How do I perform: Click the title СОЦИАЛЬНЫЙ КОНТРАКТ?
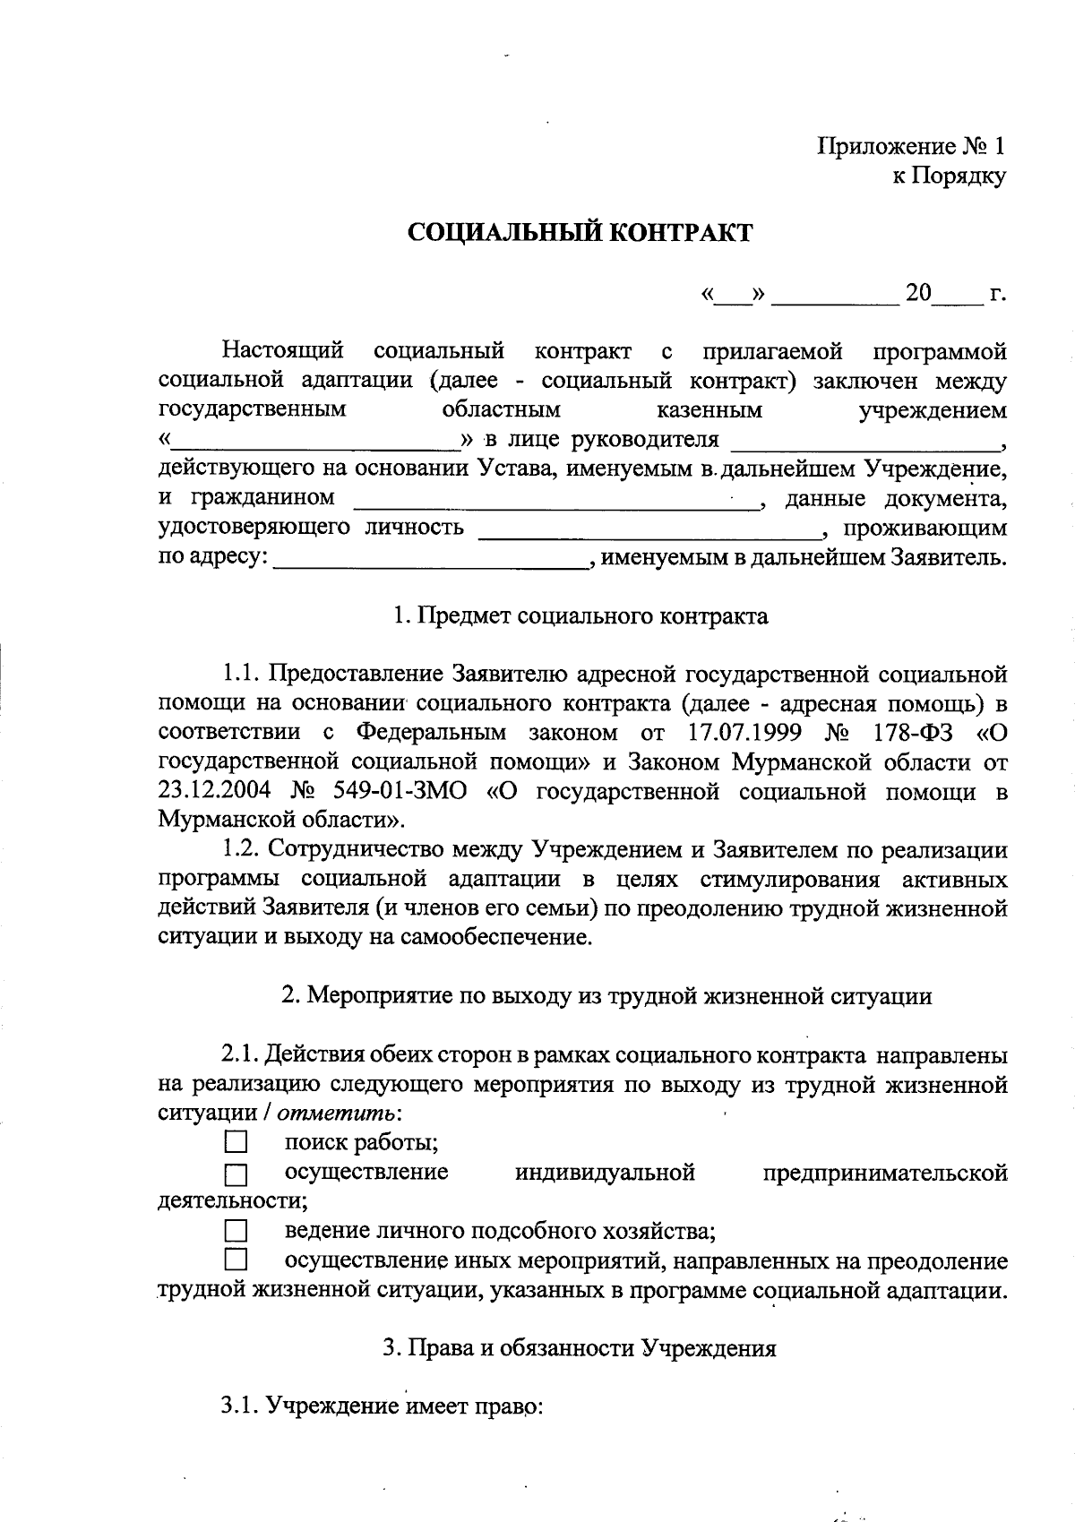tap(580, 233)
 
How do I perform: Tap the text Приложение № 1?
tap(912, 147)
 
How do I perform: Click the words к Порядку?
tap(948, 176)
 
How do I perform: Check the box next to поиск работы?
tap(235, 1142)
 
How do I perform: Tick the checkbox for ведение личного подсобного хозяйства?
tap(235, 1229)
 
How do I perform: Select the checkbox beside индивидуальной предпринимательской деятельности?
tap(235, 1174)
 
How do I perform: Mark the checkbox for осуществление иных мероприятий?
tap(235, 1260)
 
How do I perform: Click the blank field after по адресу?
tap(430, 561)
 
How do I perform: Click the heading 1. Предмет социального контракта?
tap(580, 616)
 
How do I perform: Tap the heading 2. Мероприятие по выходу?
tap(606, 996)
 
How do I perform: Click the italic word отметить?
tap(336, 1114)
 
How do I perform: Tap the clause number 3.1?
tap(239, 1406)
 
